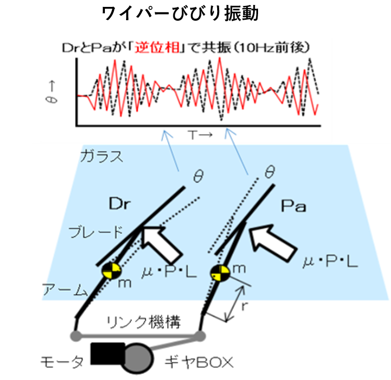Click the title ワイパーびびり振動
point(180,13)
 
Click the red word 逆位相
point(157,47)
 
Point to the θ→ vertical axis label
point(51,92)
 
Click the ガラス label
point(102,156)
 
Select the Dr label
point(120,204)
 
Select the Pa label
point(293,206)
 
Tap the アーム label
point(65,290)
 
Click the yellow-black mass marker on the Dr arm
point(111,270)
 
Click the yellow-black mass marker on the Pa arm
point(220,273)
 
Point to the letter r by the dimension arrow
point(245,306)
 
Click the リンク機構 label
point(144,322)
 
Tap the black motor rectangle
point(108,353)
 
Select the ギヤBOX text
point(199,362)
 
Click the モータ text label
point(62,362)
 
